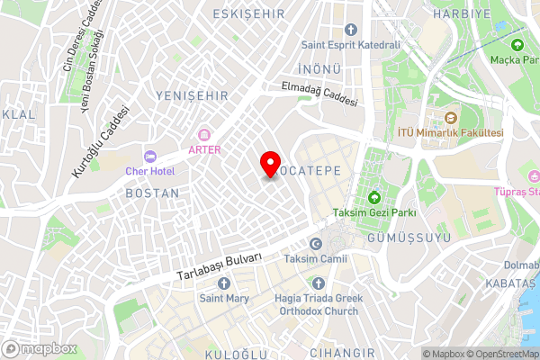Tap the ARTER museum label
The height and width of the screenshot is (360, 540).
tap(204, 149)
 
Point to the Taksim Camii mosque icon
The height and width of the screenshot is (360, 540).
tap(315, 244)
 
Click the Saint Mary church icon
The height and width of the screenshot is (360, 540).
tap(224, 283)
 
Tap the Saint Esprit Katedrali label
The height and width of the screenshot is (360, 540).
tap(350, 45)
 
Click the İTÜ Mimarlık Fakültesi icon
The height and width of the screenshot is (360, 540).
tap(452, 118)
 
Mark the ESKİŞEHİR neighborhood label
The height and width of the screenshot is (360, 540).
tap(247, 14)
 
